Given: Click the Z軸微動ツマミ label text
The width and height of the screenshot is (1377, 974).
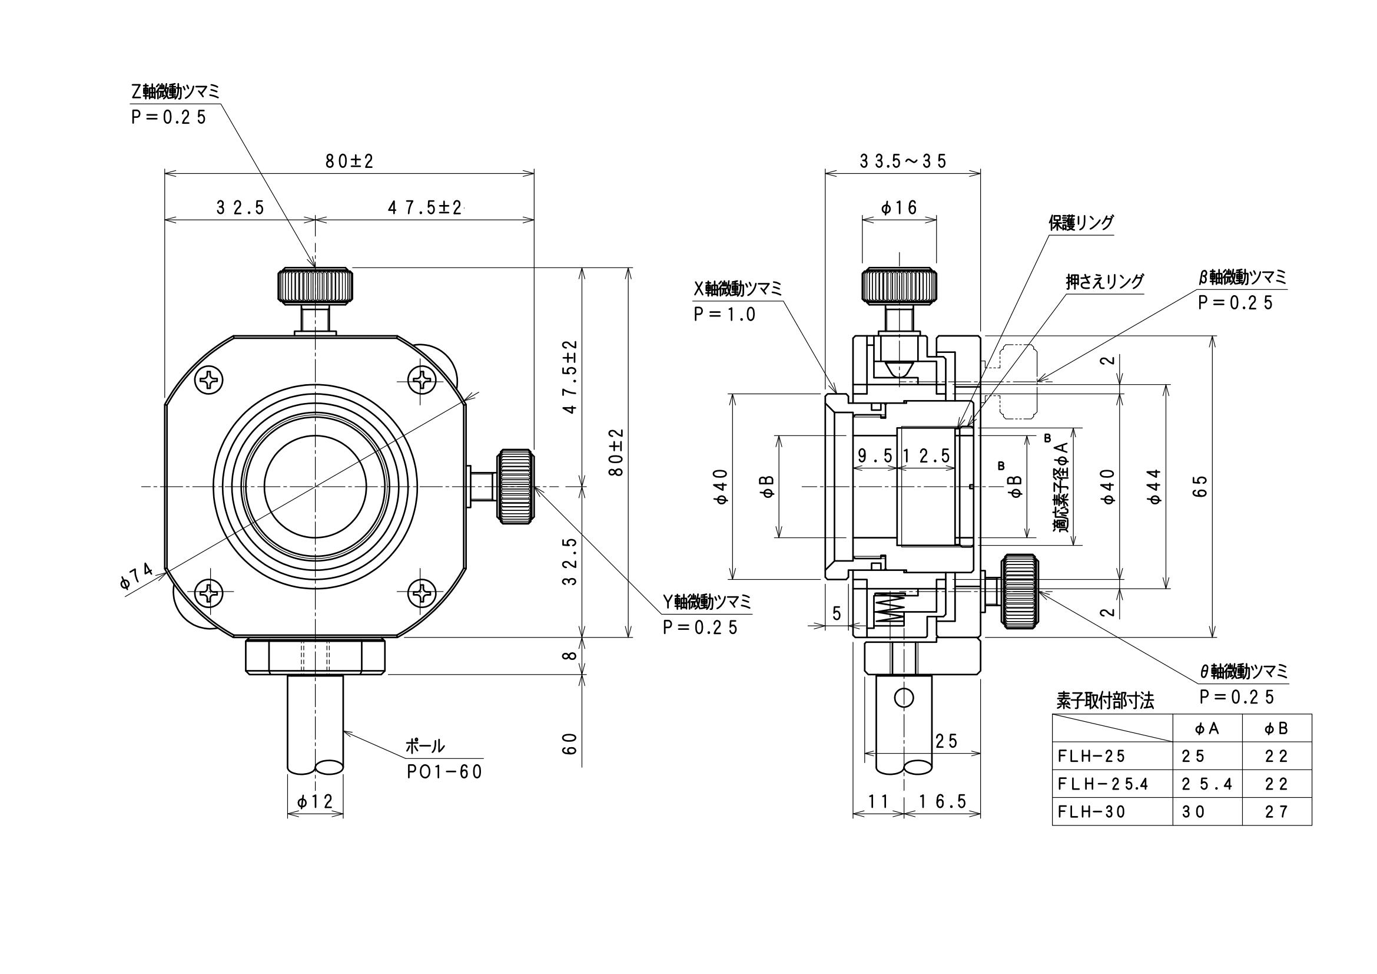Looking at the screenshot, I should [x=175, y=92].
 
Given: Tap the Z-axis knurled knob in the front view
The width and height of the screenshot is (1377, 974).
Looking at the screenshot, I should [x=315, y=285].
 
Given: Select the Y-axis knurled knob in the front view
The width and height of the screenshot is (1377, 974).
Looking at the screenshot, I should [x=515, y=486].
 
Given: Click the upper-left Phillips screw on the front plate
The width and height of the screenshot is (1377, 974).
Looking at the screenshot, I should [x=210, y=380].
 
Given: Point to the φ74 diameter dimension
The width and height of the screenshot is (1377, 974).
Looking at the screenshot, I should [x=137, y=577].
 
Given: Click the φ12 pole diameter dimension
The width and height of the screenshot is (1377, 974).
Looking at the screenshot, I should [x=315, y=801].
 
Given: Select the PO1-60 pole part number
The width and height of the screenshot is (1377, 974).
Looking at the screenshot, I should [x=444, y=772].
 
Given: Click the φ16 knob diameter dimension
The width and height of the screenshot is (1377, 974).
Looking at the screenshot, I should [x=899, y=207].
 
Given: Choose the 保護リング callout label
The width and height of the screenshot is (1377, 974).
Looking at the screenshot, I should [x=1081, y=223].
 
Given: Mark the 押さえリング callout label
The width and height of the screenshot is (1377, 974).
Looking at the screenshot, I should [x=1104, y=282].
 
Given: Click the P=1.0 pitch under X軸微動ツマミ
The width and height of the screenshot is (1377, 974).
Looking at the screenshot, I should [x=725, y=314].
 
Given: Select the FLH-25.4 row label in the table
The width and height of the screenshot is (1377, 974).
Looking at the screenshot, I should [x=1102, y=784].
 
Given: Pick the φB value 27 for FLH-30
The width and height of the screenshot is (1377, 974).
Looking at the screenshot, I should [x=1276, y=811].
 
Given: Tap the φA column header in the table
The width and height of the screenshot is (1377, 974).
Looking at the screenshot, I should [x=1207, y=728].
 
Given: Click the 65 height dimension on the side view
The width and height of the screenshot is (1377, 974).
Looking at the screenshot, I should [x=1200, y=487].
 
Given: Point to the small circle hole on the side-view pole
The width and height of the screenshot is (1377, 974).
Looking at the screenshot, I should [x=903, y=697].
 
